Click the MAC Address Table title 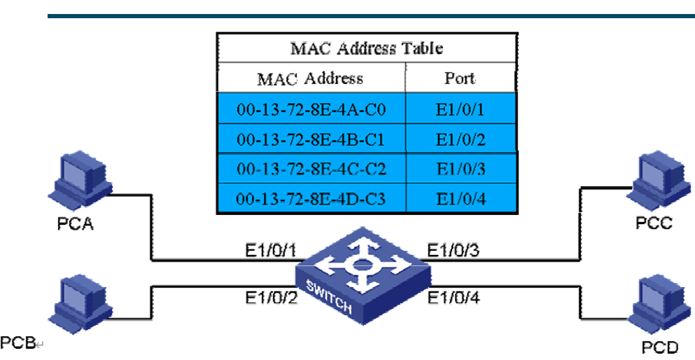366,48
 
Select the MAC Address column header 310,77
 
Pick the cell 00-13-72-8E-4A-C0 311,109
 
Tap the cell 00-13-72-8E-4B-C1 311,139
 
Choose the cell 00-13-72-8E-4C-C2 311,169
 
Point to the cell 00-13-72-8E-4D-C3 311,200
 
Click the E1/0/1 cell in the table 460,109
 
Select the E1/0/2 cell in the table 460,139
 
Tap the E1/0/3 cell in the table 460,169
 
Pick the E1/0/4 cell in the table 460,200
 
